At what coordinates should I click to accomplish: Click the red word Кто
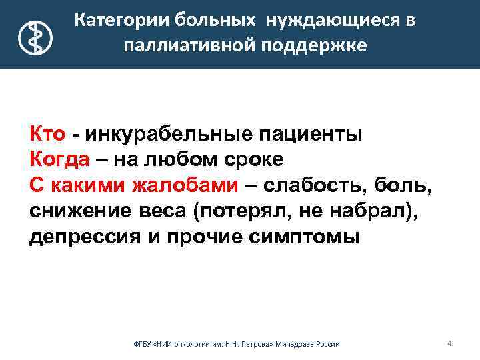[47, 134]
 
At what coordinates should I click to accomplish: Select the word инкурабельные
[169, 134]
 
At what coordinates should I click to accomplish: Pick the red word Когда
[61, 160]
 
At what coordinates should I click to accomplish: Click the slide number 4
[449, 343]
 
